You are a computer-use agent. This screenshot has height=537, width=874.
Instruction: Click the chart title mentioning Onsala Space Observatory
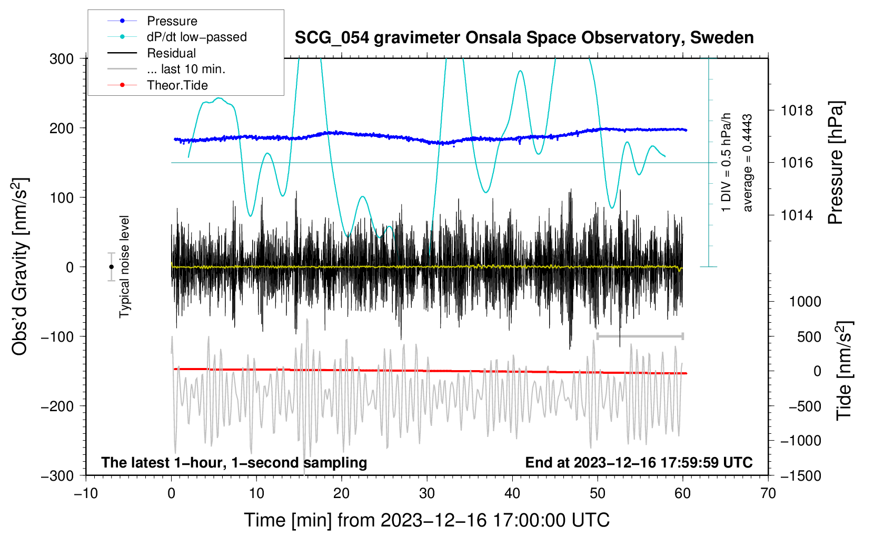pyautogui.click(x=524, y=38)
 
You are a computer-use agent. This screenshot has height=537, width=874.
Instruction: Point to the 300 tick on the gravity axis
pyautogui.click(x=62, y=59)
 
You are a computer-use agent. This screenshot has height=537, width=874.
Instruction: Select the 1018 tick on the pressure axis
pyautogui.click(x=797, y=111)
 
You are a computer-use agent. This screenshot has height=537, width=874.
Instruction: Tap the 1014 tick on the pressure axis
pyautogui.click(x=797, y=215)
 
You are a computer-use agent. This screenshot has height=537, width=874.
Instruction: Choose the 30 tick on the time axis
pyautogui.click(x=427, y=493)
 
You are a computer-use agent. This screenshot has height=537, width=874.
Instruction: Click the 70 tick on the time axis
pyautogui.click(x=768, y=493)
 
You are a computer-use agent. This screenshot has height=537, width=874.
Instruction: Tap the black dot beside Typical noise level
pyautogui.click(x=111, y=267)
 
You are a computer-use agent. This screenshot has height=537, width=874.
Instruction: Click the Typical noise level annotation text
pyautogui.click(x=124, y=267)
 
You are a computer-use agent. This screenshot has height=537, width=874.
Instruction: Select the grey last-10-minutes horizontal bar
pyautogui.click(x=640, y=336)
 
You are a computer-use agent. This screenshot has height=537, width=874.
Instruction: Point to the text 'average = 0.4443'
pyautogui.click(x=747, y=163)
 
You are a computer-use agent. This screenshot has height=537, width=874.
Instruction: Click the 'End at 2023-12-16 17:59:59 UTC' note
pyautogui.click(x=639, y=462)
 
